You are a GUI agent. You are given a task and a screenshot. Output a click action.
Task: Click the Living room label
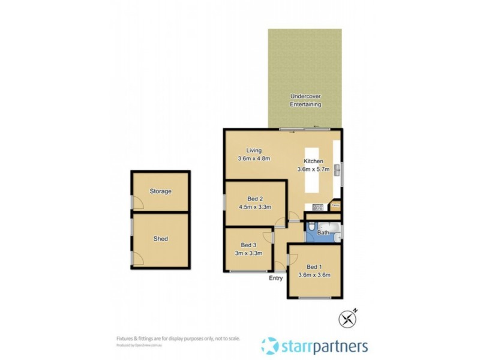[254, 150]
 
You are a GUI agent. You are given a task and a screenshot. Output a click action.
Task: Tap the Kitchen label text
[313, 161]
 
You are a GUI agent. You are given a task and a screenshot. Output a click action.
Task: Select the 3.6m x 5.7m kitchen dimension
[313, 170]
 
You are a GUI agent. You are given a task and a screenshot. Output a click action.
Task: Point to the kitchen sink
[337, 170]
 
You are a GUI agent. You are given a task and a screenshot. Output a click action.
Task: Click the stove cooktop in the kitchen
[318, 208]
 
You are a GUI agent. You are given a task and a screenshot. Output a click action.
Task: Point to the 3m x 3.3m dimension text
[248, 253]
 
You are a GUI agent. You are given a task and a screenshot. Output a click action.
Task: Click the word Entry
[276, 278]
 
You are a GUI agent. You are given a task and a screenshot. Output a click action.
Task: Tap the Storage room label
[161, 191]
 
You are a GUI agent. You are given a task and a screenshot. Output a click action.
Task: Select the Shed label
[161, 239]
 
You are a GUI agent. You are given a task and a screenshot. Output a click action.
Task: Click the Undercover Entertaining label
[305, 100]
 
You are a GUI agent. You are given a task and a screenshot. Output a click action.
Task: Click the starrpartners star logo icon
[269, 346]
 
